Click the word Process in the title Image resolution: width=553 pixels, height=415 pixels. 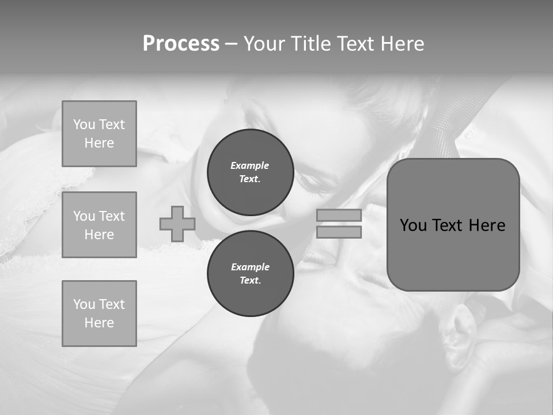pyautogui.click(x=181, y=44)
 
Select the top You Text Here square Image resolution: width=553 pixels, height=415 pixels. pyautogui.click(x=99, y=134)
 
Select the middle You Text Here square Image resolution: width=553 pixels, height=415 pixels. pyautogui.click(x=99, y=225)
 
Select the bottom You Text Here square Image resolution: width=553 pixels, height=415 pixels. pyautogui.click(x=99, y=313)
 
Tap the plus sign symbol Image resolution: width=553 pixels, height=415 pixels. pyautogui.click(x=177, y=224)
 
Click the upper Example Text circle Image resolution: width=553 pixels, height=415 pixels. pyautogui.click(x=250, y=172)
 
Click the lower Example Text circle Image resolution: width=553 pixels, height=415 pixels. pyautogui.click(x=250, y=273)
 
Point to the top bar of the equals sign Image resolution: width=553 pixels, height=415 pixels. pyautogui.click(x=339, y=215)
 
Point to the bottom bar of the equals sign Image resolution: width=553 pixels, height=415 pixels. pyautogui.click(x=339, y=232)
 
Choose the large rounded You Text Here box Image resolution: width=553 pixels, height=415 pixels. pyautogui.click(x=453, y=225)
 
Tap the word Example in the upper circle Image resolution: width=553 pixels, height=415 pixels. pyautogui.click(x=249, y=165)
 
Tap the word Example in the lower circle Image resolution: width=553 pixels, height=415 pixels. pyautogui.click(x=250, y=267)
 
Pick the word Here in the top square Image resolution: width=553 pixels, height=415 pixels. pyautogui.click(x=99, y=143)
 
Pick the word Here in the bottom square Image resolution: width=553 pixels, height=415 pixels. pyautogui.click(x=99, y=323)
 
